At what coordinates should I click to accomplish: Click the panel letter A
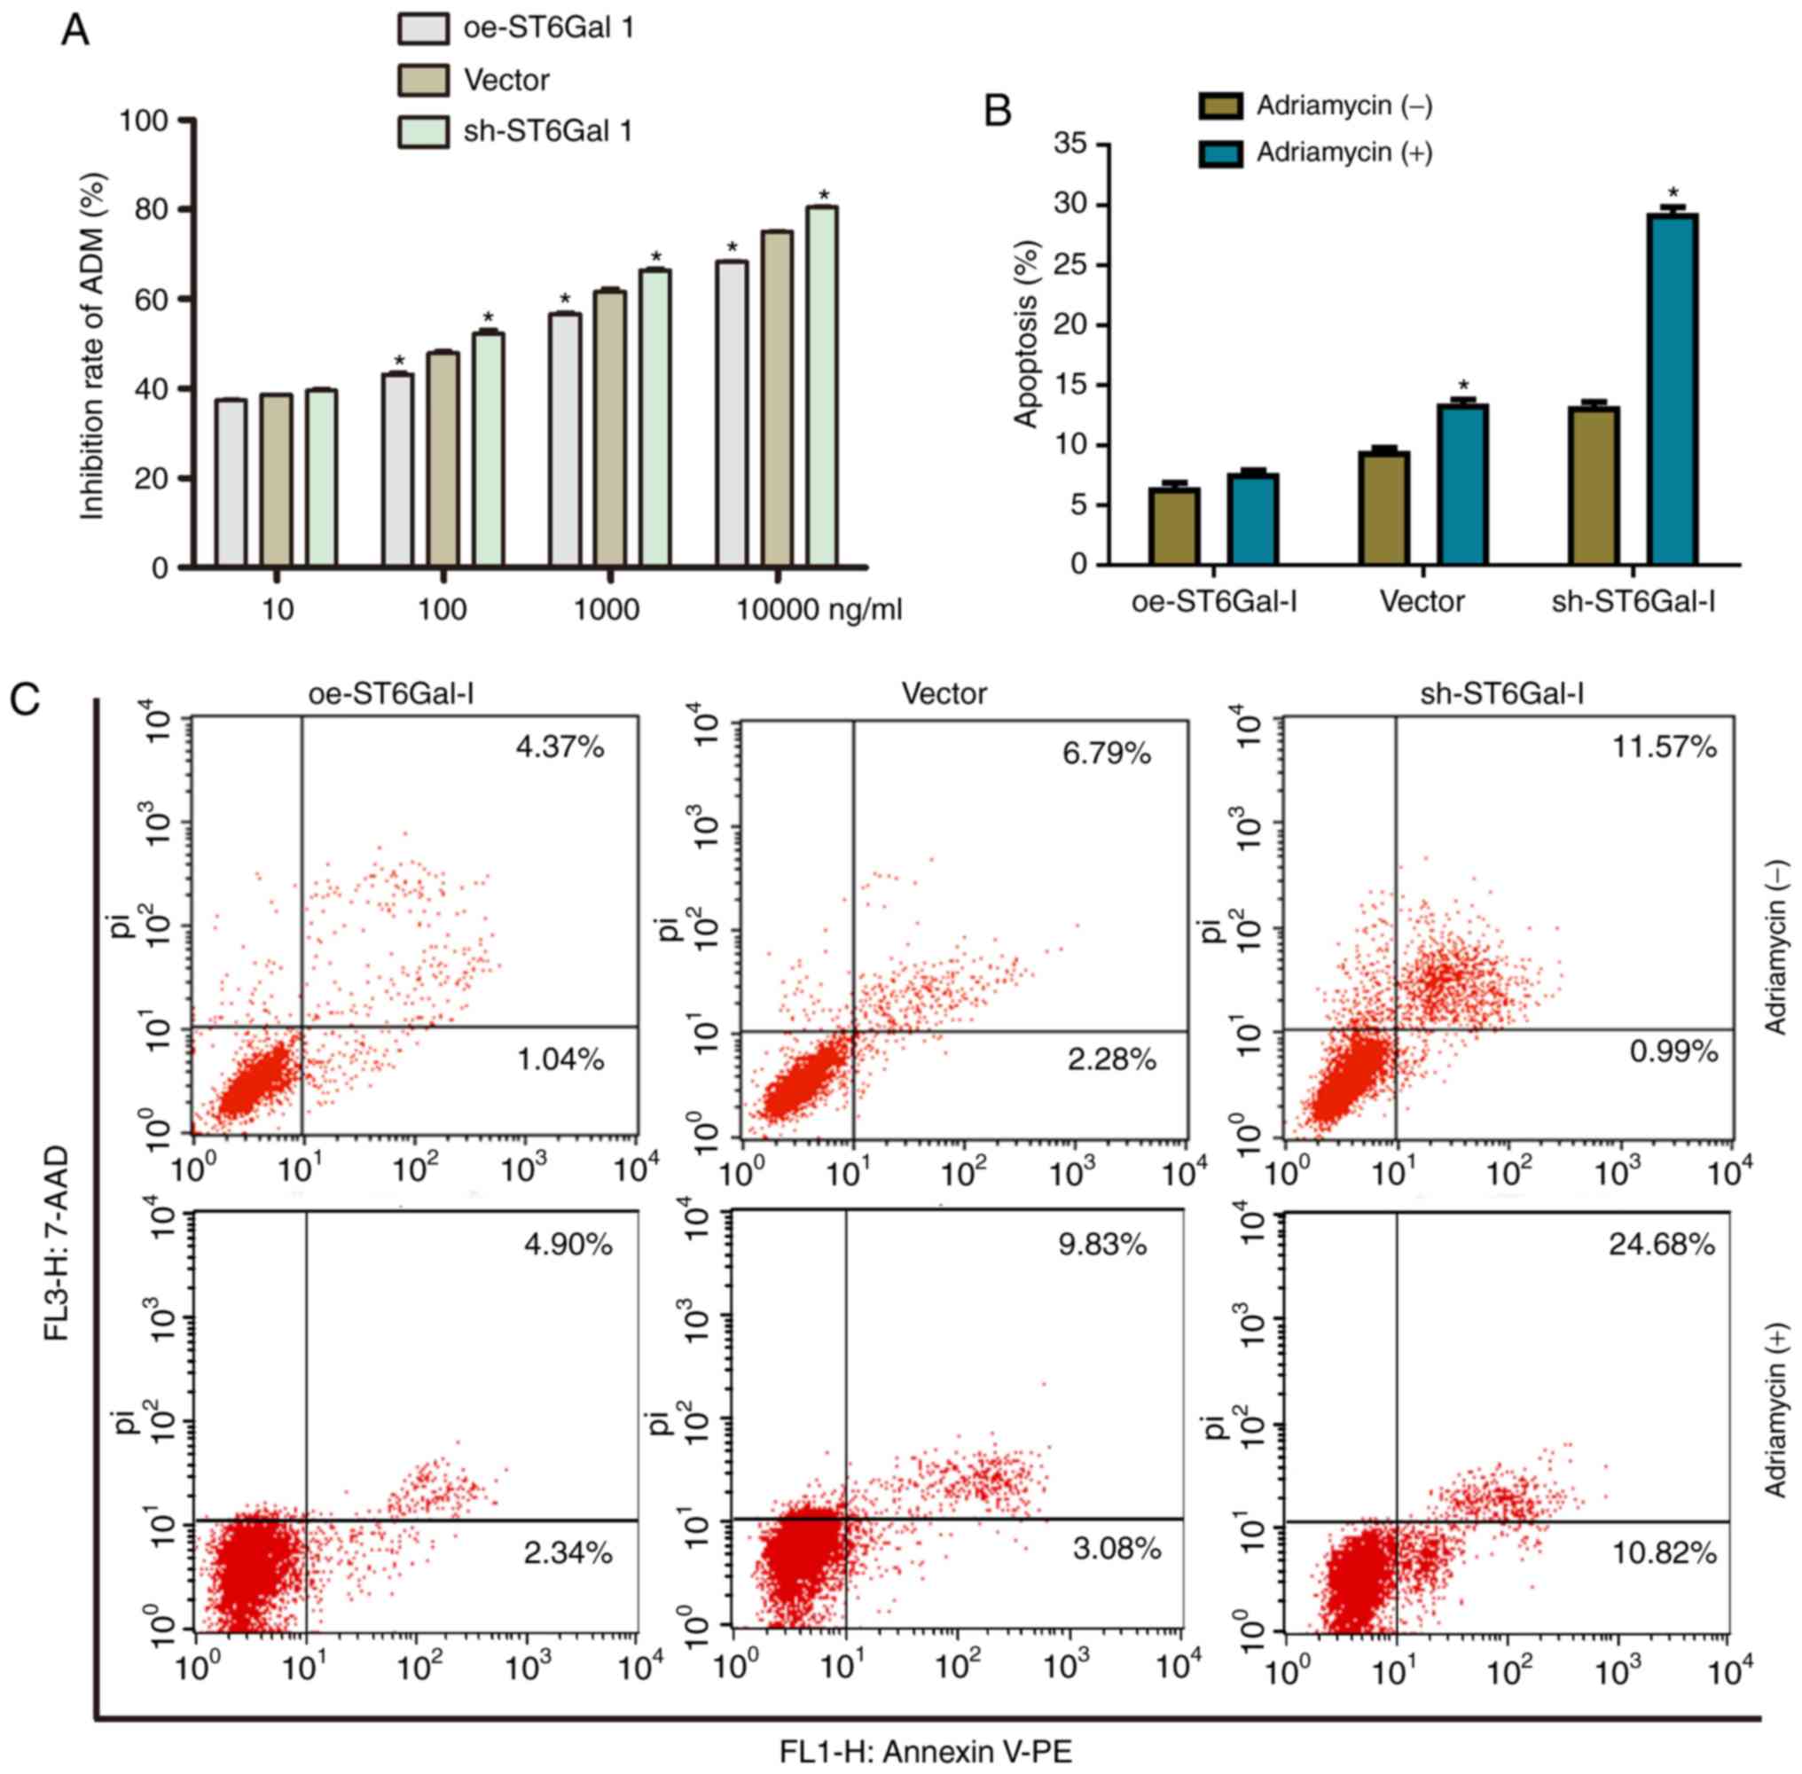click(x=74, y=32)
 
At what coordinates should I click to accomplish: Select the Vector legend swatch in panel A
click(x=423, y=80)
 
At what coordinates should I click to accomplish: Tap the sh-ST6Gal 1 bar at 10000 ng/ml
click(x=822, y=387)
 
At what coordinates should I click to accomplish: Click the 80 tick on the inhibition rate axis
click(x=153, y=209)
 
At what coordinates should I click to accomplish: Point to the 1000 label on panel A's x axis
click(x=607, y=610)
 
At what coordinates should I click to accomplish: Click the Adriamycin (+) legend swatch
click(x=1219, y=152)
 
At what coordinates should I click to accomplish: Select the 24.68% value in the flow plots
click(x=1661, y=1244)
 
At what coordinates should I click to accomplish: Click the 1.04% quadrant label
click(x=560, y=1059)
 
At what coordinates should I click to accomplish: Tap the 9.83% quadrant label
click(x=1102, y=1244)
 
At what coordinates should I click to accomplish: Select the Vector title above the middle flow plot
click(x=944, y=693)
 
